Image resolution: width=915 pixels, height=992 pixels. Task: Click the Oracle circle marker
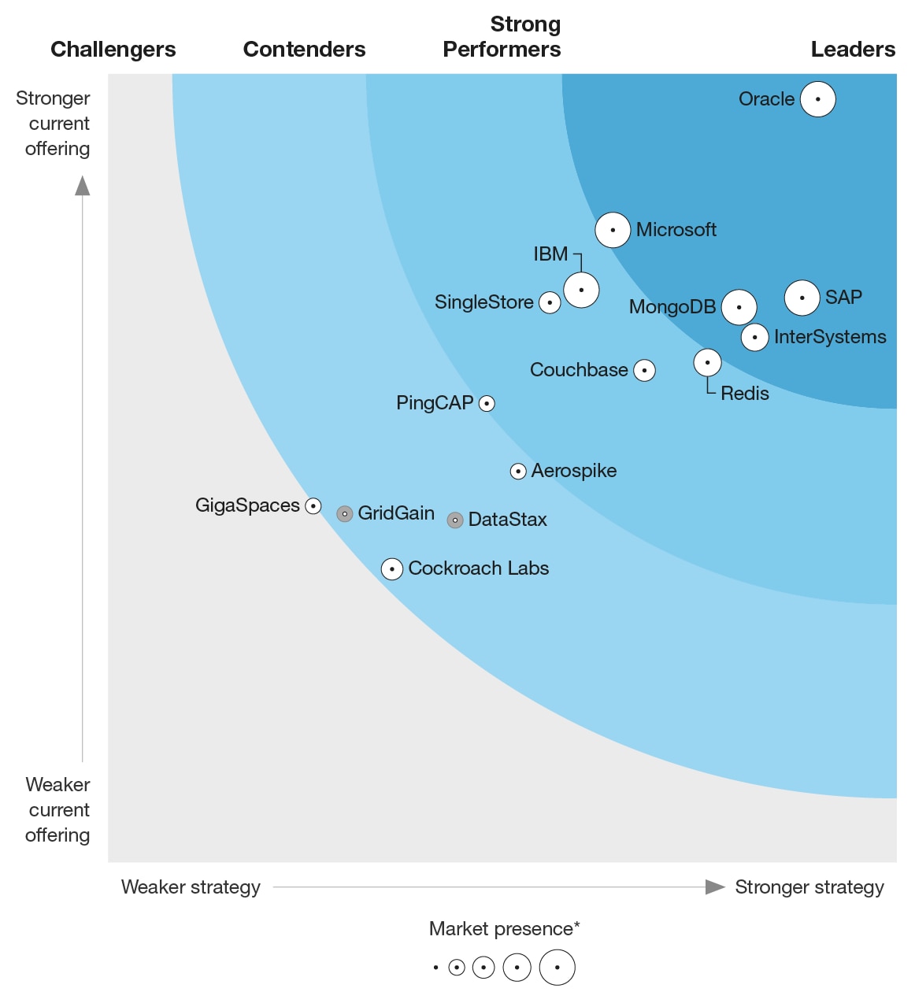pyautogui.click(x=817, y=99)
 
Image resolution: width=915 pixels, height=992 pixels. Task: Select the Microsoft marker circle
pyautogui.click(x=613, y=230)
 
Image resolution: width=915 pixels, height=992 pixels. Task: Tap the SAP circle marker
pyautogui.click(x=802, y=298)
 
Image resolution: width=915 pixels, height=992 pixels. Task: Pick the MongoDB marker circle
pyautogui.click(x=739, y=307)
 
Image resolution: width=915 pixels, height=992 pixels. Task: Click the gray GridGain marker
pyautogui.click(x=344, y=514)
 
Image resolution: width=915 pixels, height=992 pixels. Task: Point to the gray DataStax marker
pyautogui.click(x=454, y=520)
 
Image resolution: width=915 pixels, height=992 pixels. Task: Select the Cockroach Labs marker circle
pyautogui.click(x=392, y=569)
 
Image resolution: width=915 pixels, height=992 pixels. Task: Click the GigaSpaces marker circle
pyautogui.click(x=313, y=506)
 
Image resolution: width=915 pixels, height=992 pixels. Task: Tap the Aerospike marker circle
pyautogui.click(x=518, y=472)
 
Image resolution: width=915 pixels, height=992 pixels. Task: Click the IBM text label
pyautogui.click(x=550, y=254)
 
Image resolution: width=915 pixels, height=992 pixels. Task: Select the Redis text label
pyautogui.click(x=744, y=394)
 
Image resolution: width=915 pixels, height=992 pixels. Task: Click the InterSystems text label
pyautogui.click(x=829, y=337)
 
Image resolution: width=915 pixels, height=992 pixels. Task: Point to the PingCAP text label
pyautogui.click(x=435, y=403)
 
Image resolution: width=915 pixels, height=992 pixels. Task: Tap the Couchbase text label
pyautogui.click(x=579, y=370)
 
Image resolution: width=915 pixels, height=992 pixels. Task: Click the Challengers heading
pyautogui.click(x=113, y=50)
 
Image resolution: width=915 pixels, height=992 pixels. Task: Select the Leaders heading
pyautogui.click(x=852, y=50)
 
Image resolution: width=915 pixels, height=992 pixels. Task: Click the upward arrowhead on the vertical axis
pyautogui.click(x=83, y=186)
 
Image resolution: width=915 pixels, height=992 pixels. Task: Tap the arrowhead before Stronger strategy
pyautogui.click(x=714, y=887)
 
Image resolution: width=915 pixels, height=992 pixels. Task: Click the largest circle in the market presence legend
pyautogui.click(x=557, y=968)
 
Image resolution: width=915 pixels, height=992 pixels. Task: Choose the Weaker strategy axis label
pyautogui.click(x=191, y=887)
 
